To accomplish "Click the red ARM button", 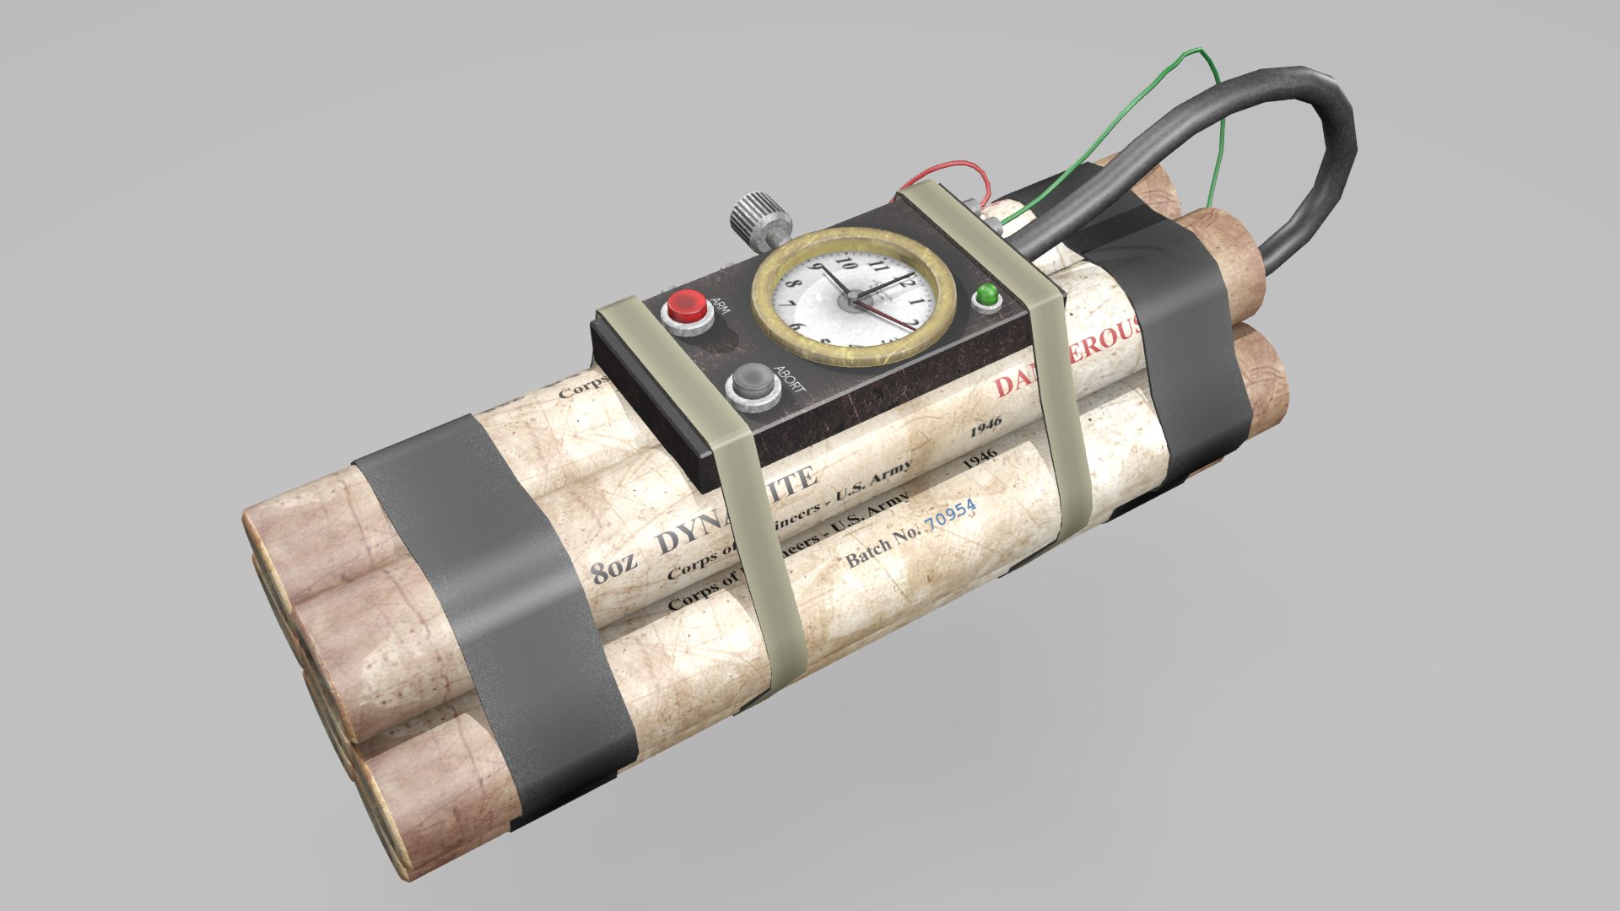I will (686, 307).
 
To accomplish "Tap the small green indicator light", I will (985, 298).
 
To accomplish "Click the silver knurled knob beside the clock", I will (750, 216).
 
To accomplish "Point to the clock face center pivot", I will (854, 296).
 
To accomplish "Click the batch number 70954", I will (950, 513).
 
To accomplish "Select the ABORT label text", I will (789, 379).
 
